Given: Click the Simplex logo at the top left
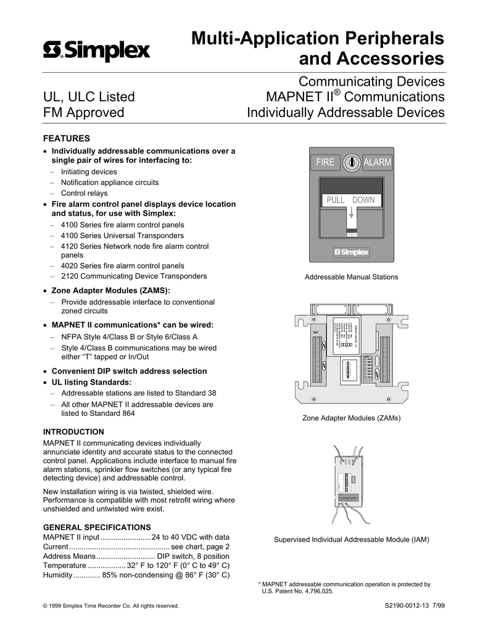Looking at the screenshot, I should tap(96, 50).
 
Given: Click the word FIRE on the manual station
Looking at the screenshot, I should tap(325, 162).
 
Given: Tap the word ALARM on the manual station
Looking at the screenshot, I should tap(378, 162).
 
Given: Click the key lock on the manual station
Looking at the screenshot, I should tap(352, 161).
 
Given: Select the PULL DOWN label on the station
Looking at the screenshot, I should tap(350, 200).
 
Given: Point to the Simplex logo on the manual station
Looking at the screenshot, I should tap(351, 251).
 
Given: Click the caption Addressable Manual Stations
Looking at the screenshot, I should tap(351, 277).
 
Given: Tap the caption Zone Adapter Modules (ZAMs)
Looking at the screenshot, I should tap(351, 418).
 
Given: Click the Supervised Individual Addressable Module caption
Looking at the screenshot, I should tap(351, 540).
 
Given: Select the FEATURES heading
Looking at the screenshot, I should tap(66, 138).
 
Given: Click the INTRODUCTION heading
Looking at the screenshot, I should tap(73, 431).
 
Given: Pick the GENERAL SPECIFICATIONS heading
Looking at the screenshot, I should tap(97, 527).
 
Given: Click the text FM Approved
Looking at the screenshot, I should tap(83, 113).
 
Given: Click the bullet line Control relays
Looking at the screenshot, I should tap(85, 193).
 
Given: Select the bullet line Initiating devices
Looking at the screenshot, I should tap(89, 172).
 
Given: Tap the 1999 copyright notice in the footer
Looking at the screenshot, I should tap(111, 606).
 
